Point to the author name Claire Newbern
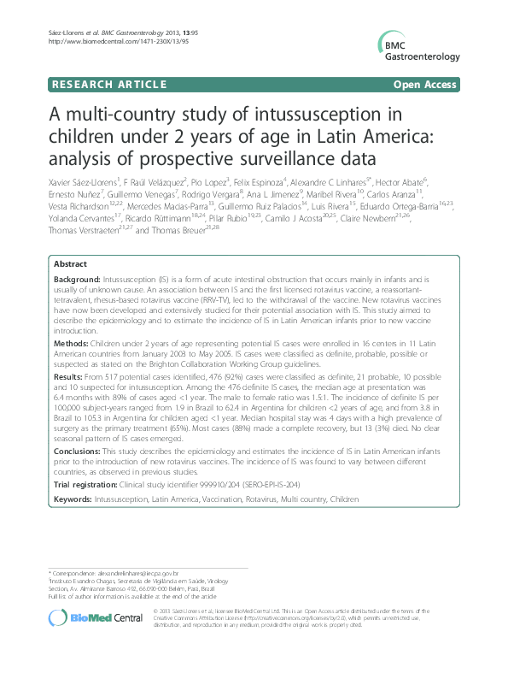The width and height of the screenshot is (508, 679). click(x=408, y=218)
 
